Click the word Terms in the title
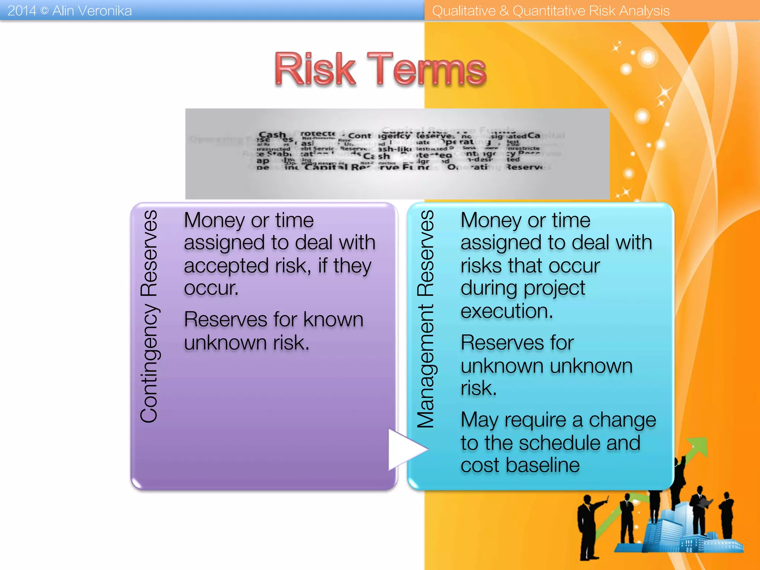click(427, 69)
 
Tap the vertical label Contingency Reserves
click(149, 316)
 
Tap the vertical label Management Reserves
click(425, 319)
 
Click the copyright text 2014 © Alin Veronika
click(70, 10)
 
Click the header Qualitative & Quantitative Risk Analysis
click(551, 10)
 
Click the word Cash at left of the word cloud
click(272, 135)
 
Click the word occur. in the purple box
click(211, 288)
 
